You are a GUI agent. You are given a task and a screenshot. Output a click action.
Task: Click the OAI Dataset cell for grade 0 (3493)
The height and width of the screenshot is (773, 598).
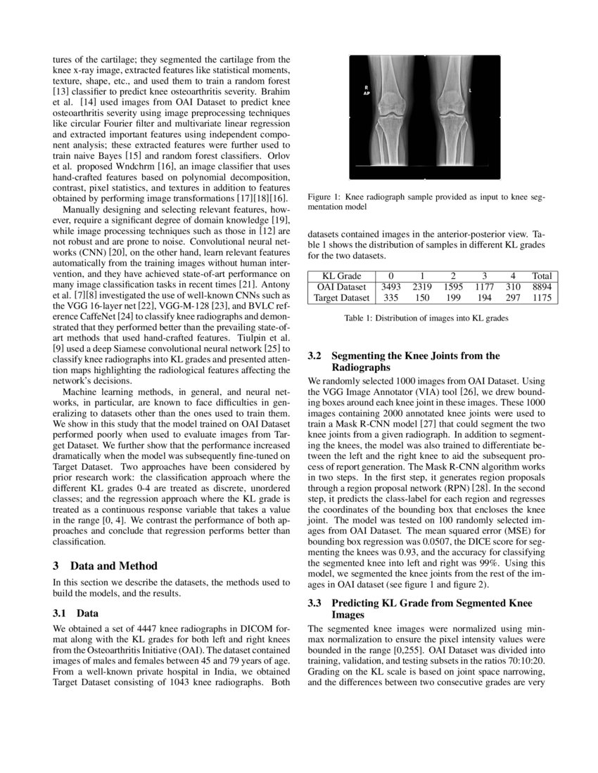[x=390, y=287]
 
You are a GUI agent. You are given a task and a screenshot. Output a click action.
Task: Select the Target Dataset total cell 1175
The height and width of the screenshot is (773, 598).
[x=542, y=298]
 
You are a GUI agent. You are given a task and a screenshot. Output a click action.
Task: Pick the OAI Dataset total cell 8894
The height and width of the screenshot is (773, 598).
[x=542, y=287]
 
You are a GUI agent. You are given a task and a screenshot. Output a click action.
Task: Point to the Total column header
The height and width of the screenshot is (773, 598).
[x=542, y=275]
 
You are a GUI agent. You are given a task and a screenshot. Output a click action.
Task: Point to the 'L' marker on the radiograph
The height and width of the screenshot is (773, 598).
[x=470, y=91]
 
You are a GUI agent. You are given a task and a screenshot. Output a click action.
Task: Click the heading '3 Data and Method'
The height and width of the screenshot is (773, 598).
[x=106, y=566]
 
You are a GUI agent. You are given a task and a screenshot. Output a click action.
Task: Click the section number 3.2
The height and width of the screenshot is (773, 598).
[x=315, y=356]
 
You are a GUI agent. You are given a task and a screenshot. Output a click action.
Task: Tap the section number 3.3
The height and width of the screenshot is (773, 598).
[x=315, y=603]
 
